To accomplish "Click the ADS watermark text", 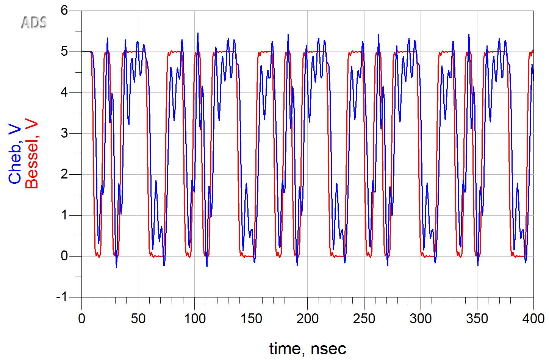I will [34, 23].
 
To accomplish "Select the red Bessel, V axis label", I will [32, 154].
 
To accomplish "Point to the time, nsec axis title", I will [307, 348].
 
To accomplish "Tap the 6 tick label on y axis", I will [64, 10].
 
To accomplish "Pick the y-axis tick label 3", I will [64, 133].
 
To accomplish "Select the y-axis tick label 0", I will [64, 256].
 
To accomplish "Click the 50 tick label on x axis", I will [138, 319].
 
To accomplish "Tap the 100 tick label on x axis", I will [194, 319].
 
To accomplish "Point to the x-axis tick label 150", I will [251, 319].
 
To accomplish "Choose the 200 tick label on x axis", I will [307, 319].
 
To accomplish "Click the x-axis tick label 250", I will [364, 319].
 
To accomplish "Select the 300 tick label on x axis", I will [420, 319].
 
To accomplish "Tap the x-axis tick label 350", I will [477, 319].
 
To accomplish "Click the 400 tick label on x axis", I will [533, 319].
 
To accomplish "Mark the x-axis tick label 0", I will [81, 319].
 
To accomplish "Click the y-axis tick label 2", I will [64, 174].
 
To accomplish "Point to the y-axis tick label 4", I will [64, 92].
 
